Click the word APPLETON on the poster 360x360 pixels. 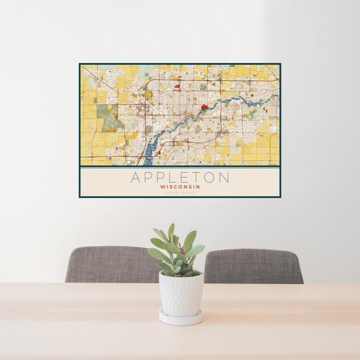(x=179, y=178)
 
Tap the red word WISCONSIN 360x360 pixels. (x=180, y=187)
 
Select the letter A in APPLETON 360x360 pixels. (x=136, y=178)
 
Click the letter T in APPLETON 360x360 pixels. (x=193, y=178)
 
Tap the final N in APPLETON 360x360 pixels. (x=224, y=178)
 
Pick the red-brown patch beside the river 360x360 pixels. (x=205, y=108)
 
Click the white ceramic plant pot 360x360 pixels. (x=181, y=294)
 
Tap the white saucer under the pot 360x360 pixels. (x=181, y=318)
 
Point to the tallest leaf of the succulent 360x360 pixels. (x=171, y=230)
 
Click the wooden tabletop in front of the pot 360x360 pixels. (x=180, y=339)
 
